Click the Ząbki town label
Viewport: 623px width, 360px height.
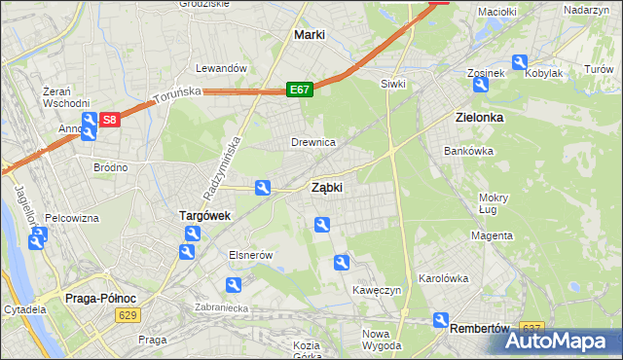tap(326, 188)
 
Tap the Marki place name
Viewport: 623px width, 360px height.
tap(309, 35)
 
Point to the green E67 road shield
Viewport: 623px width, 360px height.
tap(299, 90)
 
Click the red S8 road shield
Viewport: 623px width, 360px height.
tap(110, 121)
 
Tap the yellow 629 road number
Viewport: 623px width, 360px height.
tap(126, 315)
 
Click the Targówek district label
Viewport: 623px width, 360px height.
tap(204, 215)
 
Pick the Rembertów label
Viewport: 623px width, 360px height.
tap(480, 328)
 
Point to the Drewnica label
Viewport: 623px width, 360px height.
tap(313, 142)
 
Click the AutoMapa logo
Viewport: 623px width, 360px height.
tap(565, 342)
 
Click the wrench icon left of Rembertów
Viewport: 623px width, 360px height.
tap(440, 319)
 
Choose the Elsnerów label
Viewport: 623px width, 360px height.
tap(248, 254)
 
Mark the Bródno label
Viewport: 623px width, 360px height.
tap(110, 167)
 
